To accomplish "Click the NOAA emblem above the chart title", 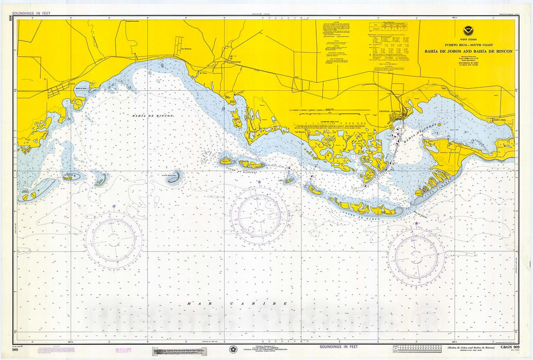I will pos(467,31).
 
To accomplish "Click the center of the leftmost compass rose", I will pos(114,240).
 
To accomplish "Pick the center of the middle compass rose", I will pos(259,215).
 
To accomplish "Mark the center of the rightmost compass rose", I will pos(416,257).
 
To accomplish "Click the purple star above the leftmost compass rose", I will pos(114,206).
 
